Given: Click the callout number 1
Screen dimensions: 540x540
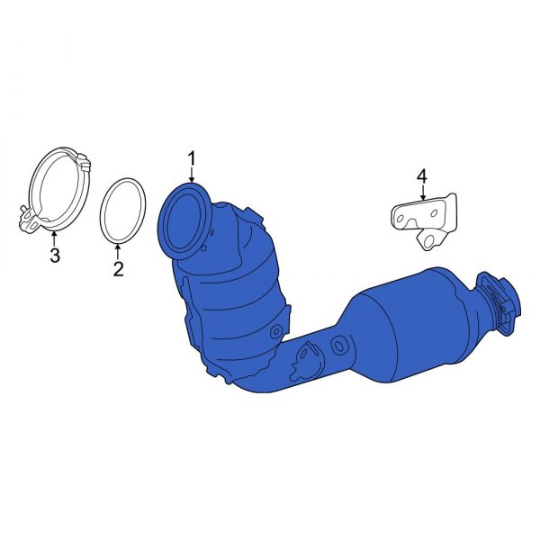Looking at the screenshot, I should pyautogui.click(x=191, y=159).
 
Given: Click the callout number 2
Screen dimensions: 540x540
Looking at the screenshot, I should pyautogui.click(x=119, y=269).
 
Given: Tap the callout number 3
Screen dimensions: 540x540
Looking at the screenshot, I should pyautogui.click(x=54, y=257).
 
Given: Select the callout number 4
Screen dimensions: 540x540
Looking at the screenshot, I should pyautogui.click(x=422, y=175).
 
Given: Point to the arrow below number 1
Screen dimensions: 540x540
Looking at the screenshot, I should pyautogui.click(x=191, y=176).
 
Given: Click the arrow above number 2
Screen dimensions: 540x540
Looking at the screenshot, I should pyautogui.click(x=119, y=251).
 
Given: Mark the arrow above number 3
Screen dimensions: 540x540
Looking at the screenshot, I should pyautogui.click(x=54, y=238).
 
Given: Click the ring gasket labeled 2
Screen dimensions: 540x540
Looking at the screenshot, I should pyautogui.click(x=106, y=212).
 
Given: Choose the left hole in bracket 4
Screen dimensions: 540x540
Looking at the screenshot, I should pyautogui.click(x=400, y=214).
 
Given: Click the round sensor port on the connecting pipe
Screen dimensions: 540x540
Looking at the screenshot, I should pyautogui.click(x=340, y=344).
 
